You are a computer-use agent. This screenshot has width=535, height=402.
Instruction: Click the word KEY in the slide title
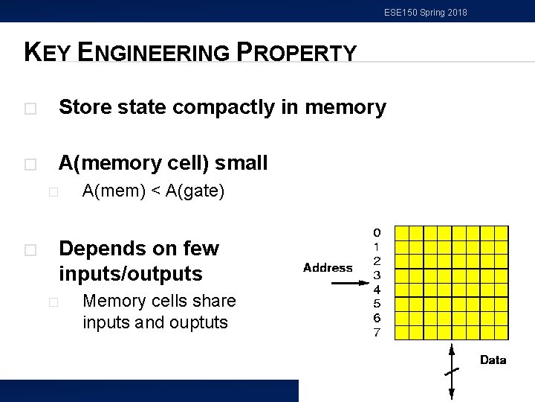click(x=48, y=52)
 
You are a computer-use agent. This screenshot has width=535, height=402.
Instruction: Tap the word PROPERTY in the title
click(x=296, y=53)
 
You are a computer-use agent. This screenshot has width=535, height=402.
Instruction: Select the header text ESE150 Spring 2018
click(x=426, y=13)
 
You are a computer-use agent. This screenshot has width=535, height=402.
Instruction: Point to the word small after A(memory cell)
click(x=241, y=163)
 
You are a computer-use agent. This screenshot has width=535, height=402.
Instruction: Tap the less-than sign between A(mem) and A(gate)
click(x=156, y=191)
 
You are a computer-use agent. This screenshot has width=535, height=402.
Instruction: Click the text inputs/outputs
click(x=130, y=274)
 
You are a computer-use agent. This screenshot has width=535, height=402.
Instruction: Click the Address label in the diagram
click(x=328, y=268)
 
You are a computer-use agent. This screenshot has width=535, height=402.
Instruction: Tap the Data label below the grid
click(x=493, y=360)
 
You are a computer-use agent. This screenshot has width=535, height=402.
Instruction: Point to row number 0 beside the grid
click(x=377, y=232)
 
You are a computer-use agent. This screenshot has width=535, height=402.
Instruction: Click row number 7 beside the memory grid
click(x=377, y=332)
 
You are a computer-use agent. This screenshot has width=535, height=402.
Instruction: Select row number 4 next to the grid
click(x=377, y=290)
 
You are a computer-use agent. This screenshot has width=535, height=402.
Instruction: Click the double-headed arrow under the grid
click(x=453, y=372)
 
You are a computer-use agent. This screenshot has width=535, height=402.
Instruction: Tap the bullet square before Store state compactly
click(x=29, y=109)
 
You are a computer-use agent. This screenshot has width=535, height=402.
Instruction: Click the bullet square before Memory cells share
click(x=52, y=302)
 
